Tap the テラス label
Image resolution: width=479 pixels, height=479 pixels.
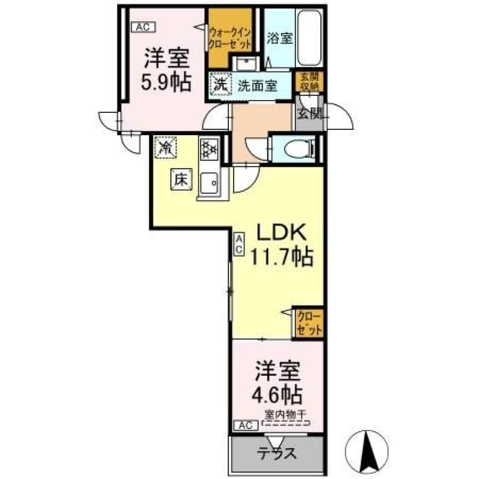point(278,454)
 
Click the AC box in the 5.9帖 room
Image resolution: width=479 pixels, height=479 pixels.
point(141,25)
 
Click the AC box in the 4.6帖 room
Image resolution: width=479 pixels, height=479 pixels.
point(243,424)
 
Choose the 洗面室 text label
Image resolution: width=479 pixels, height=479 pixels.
point(256,86)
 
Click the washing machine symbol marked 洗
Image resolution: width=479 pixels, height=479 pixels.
point(220,85)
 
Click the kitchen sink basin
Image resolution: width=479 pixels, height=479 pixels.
point(211,182)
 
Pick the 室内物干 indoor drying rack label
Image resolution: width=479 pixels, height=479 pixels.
point(286,413)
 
